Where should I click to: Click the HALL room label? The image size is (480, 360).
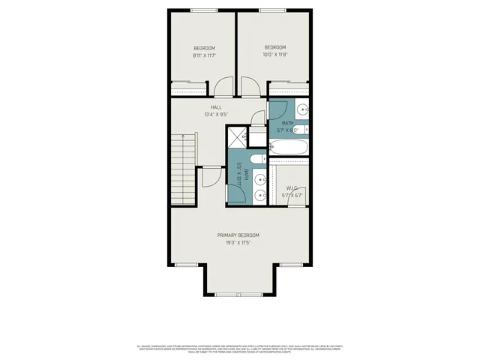(x=216, y=107)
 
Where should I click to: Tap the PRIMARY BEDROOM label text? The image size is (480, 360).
(x=239, y=234)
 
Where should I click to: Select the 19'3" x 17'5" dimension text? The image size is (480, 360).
(x=239, y=242)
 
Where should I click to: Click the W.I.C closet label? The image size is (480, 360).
(x=292, y=188)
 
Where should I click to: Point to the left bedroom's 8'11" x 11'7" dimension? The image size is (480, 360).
(x=204, y=55)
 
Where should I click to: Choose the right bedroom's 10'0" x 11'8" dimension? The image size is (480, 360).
(x=275, y=54)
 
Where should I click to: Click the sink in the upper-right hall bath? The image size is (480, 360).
(x=302, y=109)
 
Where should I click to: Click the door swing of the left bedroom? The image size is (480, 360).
(x=223, y=87)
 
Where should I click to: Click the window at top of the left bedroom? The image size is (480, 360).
(x=202, y=10)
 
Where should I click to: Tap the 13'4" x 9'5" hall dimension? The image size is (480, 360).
(x=216, y=115)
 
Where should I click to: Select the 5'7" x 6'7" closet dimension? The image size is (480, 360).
(x=292, y=196)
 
